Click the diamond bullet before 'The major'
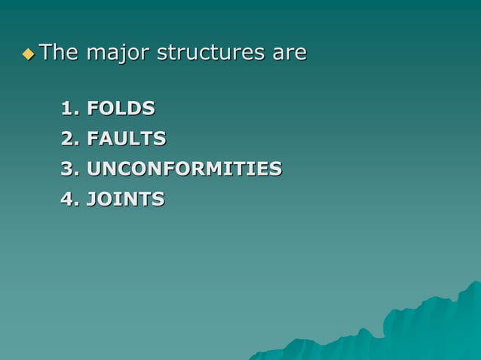point(29,54)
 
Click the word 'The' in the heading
point(59,53)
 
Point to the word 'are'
point(290,54)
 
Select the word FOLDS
point(121,109)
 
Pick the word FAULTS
point(127,139)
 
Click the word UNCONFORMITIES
point(185,169)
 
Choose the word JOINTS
point(126,200)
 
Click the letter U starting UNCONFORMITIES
point(95,169)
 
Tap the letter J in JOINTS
point(92,200)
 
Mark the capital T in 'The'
point(45,53)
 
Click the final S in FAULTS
point(160,139)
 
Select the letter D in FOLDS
point(137,109)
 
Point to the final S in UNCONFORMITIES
point(276,169)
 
